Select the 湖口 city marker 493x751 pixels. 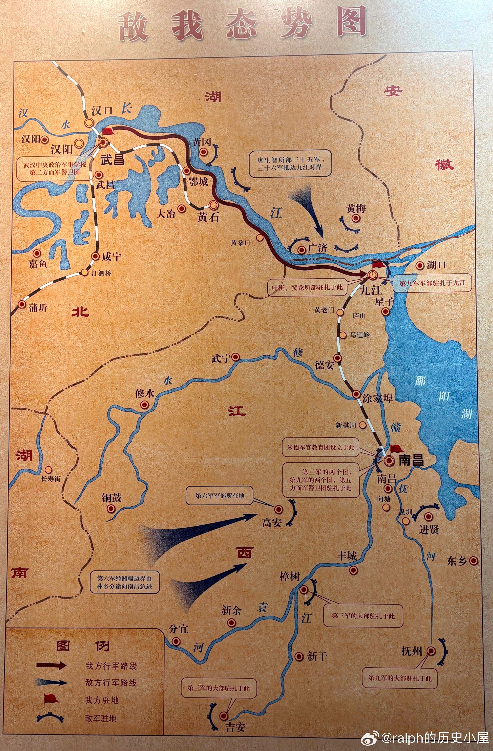click(x=419, y=265)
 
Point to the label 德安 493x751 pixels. click(x=324, y=365)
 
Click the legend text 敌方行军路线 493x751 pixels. click(x=111, y=683)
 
